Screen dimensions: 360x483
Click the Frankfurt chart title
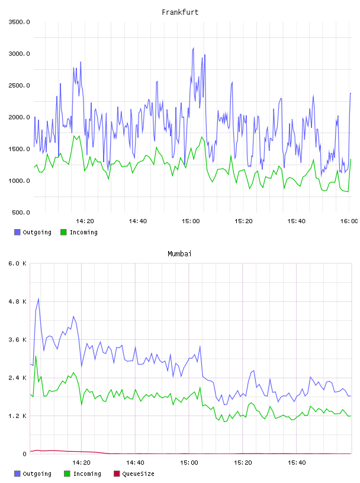(x=180, y=12)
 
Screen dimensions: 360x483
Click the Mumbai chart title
(x=179, y=254)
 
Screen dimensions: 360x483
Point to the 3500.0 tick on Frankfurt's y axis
(x=20, y=22)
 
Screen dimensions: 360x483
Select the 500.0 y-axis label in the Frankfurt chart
(x=21, y=212)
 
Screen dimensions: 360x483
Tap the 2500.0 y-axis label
(x=20, y=85)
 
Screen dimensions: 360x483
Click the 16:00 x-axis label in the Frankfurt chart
(x=349, y=221)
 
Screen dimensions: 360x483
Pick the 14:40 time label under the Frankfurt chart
(x=138, y=221)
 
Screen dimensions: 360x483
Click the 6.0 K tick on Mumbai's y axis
(x=18, y=263)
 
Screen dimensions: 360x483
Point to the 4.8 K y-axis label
(x=18, y=301)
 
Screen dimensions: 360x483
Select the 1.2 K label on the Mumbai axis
(x=18, y=416)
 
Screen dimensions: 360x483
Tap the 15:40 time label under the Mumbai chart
(x=297, y=463)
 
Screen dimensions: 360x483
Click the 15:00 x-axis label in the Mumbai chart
(x=189, y=463)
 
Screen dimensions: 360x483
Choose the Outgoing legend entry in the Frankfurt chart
(x=33, y=232)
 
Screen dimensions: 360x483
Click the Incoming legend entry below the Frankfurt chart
(x=79, y=232)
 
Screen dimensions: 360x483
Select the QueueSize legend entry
(x=134, y=474)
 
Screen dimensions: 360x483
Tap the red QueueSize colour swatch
(x=117, y=474)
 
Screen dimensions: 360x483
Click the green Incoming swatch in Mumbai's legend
(x=67, y=474)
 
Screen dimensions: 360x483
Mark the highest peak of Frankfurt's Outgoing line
(x=193, y=48)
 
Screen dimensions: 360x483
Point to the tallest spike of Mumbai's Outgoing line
(x=38, y=298)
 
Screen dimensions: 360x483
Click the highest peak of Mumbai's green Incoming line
(x=36, y=356)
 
